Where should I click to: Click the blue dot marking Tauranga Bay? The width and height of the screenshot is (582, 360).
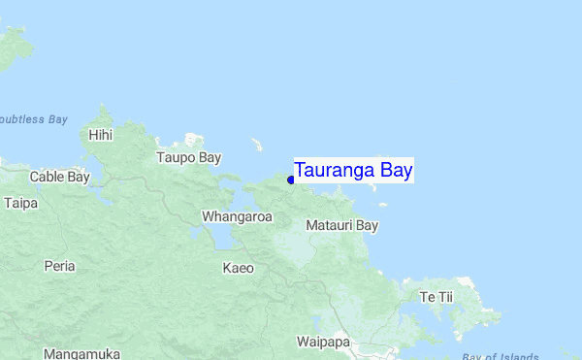click(291, 180)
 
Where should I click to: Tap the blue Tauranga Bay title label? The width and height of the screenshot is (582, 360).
click(354, 171)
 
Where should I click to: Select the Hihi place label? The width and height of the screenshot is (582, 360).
click(101, 136)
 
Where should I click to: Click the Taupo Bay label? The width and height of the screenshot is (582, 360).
click(189, 157)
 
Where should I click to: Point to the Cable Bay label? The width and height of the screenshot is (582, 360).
click(59, 177)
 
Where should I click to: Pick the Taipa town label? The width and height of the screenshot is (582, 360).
click(20, 203)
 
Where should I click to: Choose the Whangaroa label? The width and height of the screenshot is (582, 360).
click(237, 216)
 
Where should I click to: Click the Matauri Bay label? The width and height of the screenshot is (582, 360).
click(341, 225)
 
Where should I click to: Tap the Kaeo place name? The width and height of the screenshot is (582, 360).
click(238, 267)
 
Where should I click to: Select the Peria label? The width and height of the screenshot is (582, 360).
click(60, 265)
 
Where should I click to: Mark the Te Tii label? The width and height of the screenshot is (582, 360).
click(436, 296)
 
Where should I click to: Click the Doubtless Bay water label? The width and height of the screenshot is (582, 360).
click(33, 119)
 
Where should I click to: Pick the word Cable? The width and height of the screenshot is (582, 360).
click(47, 177)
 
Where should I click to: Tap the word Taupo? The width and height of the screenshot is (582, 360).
click(177, 157)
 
